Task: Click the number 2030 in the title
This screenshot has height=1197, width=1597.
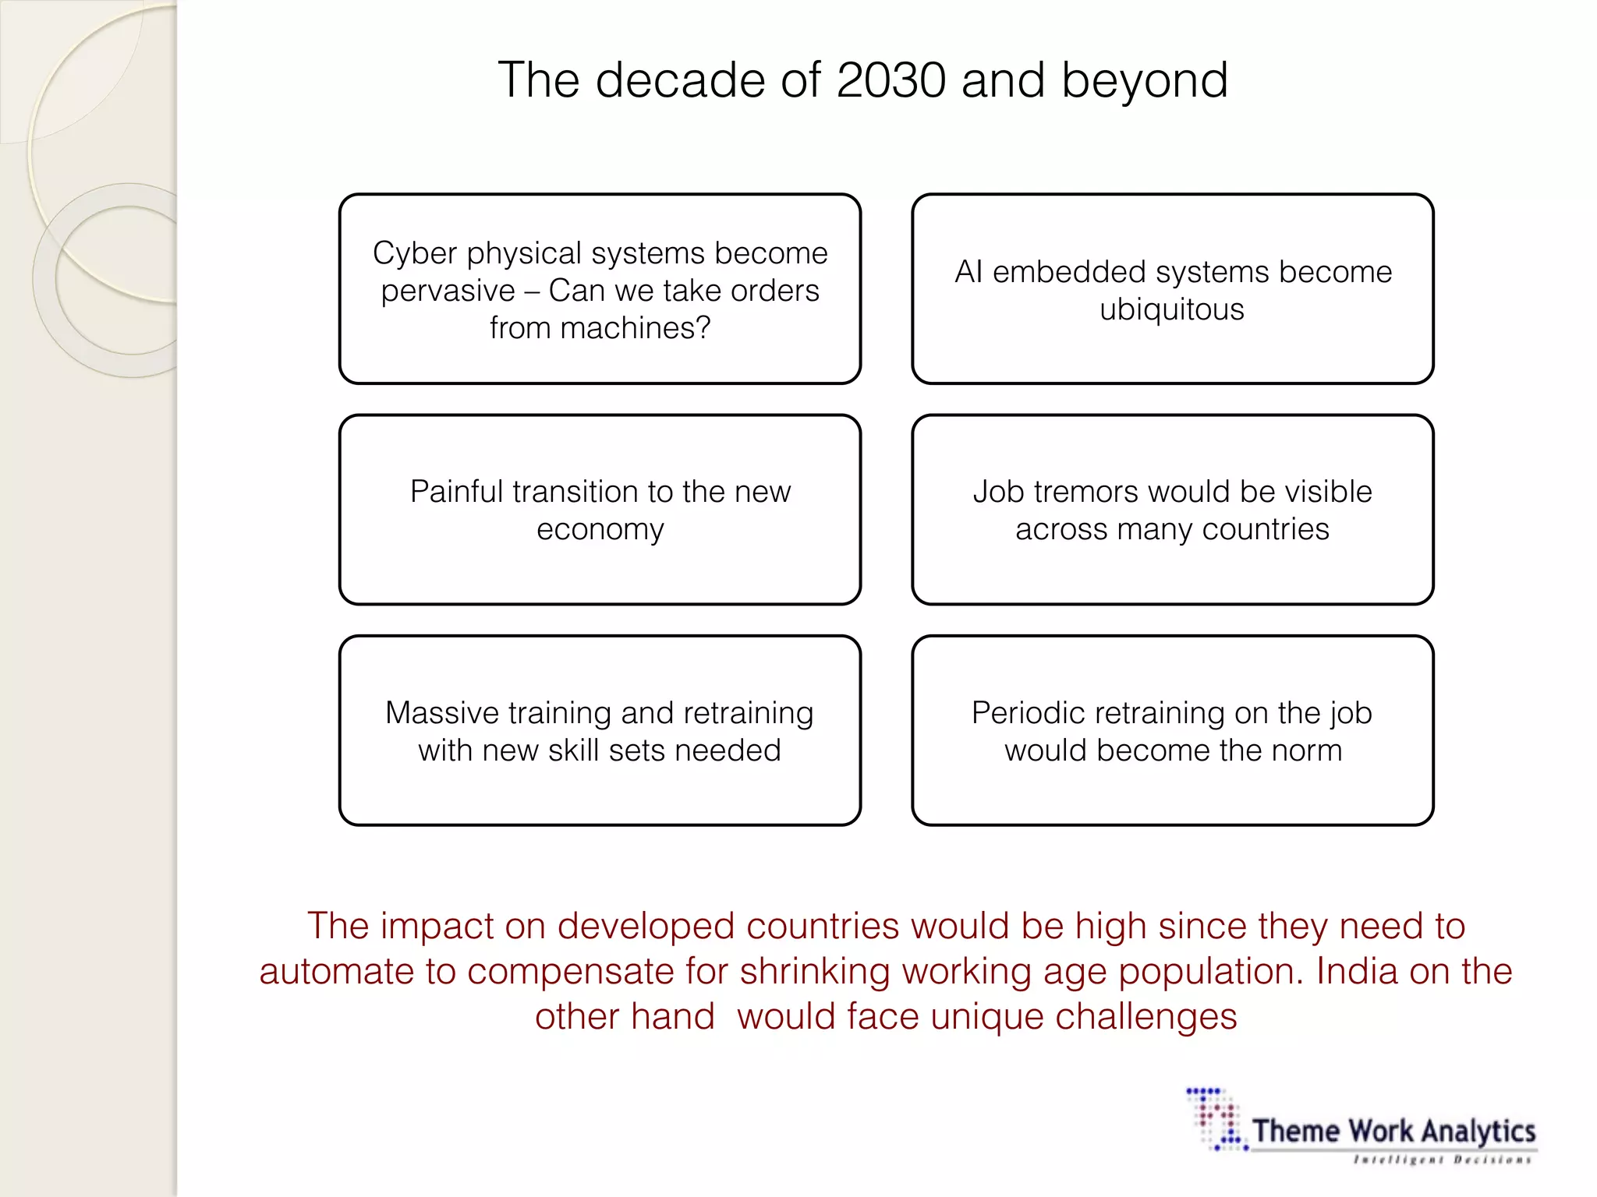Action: click(x=890, y=80)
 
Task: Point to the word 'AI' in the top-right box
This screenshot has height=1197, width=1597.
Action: click(x=968, y=272)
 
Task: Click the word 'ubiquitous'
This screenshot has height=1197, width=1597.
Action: click(x=1172, y=309)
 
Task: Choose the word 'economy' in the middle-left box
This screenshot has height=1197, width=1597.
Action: click(x=600, y=529)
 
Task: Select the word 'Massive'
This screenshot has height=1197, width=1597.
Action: click(x=442, y=713)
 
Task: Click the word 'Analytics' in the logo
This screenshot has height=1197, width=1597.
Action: click(x=1479, y=1131)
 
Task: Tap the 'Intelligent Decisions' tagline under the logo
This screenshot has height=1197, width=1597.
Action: click(x=1443, y=1160)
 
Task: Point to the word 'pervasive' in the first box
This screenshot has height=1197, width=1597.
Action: click(x=448, y=291)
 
